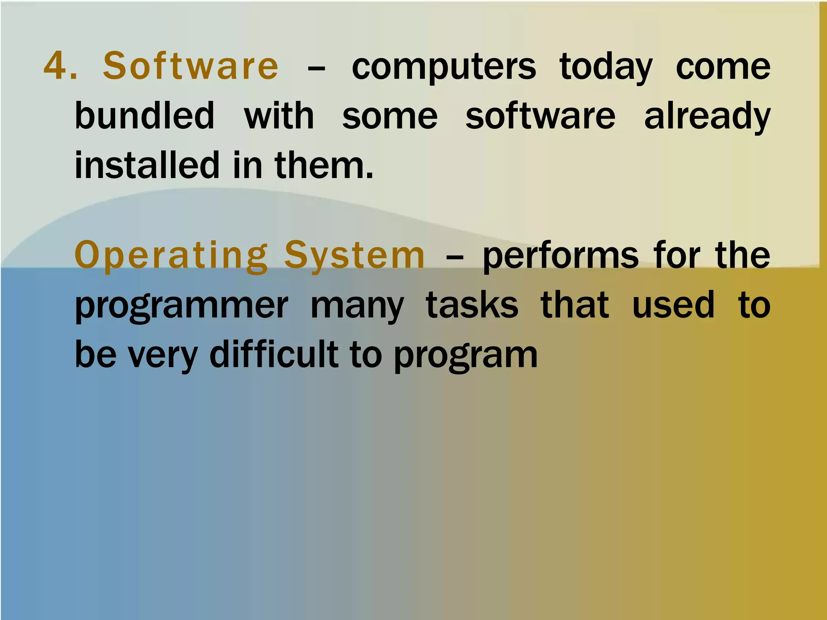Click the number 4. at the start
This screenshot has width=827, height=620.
click(60, 66)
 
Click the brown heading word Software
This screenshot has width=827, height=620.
click(191, 66)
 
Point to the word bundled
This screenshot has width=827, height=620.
click(145, 116)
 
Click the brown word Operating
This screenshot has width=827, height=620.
click(171, 256)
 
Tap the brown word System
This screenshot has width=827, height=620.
click(355, 256)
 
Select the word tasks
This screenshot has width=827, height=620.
click(472, 305)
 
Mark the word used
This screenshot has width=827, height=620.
click(673, 305)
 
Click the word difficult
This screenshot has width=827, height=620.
click(274, 354)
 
